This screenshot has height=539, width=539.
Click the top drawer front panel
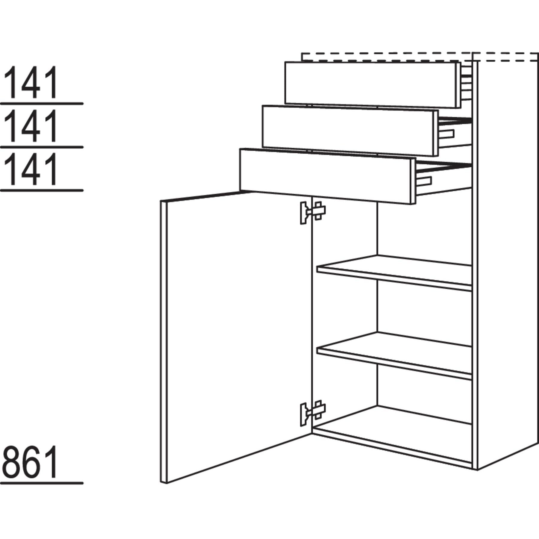371,84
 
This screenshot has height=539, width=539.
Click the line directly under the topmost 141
42,104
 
